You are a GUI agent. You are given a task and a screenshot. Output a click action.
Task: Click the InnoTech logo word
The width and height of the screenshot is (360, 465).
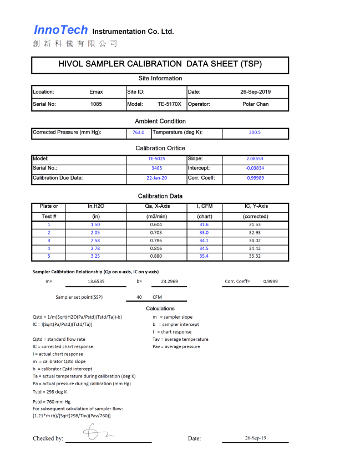click(x=60, y=30)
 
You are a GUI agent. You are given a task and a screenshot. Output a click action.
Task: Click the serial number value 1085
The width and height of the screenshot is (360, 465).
click(x=96, y=104)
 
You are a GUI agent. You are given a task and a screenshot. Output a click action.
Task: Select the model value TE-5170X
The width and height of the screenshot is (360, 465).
click(x=169, y=104)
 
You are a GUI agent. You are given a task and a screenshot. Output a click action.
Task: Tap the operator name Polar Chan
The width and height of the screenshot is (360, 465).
click(x=255, y=104)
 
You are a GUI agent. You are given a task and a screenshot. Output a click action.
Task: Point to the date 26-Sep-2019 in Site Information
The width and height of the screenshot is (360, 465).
click(x=255, y=91)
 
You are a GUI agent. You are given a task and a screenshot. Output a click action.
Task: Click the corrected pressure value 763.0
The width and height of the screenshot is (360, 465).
click(x=138, y=132)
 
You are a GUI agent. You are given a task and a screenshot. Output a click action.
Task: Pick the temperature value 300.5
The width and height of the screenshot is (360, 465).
click(x=255, y=132)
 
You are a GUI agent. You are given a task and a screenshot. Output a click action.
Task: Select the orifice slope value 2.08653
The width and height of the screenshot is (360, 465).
click(x=255, y=159)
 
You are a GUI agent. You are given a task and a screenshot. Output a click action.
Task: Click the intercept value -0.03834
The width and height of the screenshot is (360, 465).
click(x=255, y=168)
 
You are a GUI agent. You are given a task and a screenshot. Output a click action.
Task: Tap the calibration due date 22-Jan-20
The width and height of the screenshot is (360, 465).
click(x=156, y=178)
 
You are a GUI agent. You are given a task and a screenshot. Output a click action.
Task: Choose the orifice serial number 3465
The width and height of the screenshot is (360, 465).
click(x=156, y=168)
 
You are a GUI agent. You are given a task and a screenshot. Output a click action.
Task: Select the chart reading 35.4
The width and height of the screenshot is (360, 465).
click(x=204, y=256)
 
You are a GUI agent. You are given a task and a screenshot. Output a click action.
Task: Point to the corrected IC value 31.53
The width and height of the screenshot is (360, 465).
click(x=255, y=224)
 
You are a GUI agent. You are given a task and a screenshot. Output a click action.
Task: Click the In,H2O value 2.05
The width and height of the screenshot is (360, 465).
click(x=96, y=233)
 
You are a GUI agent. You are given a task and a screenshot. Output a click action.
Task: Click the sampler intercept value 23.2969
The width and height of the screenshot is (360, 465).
click(x=169, y=282)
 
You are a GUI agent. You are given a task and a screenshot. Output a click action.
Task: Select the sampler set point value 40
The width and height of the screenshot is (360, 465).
click(x=140, y=297)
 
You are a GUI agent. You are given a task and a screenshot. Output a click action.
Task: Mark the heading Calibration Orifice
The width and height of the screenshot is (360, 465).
click(x=160, y=148)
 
